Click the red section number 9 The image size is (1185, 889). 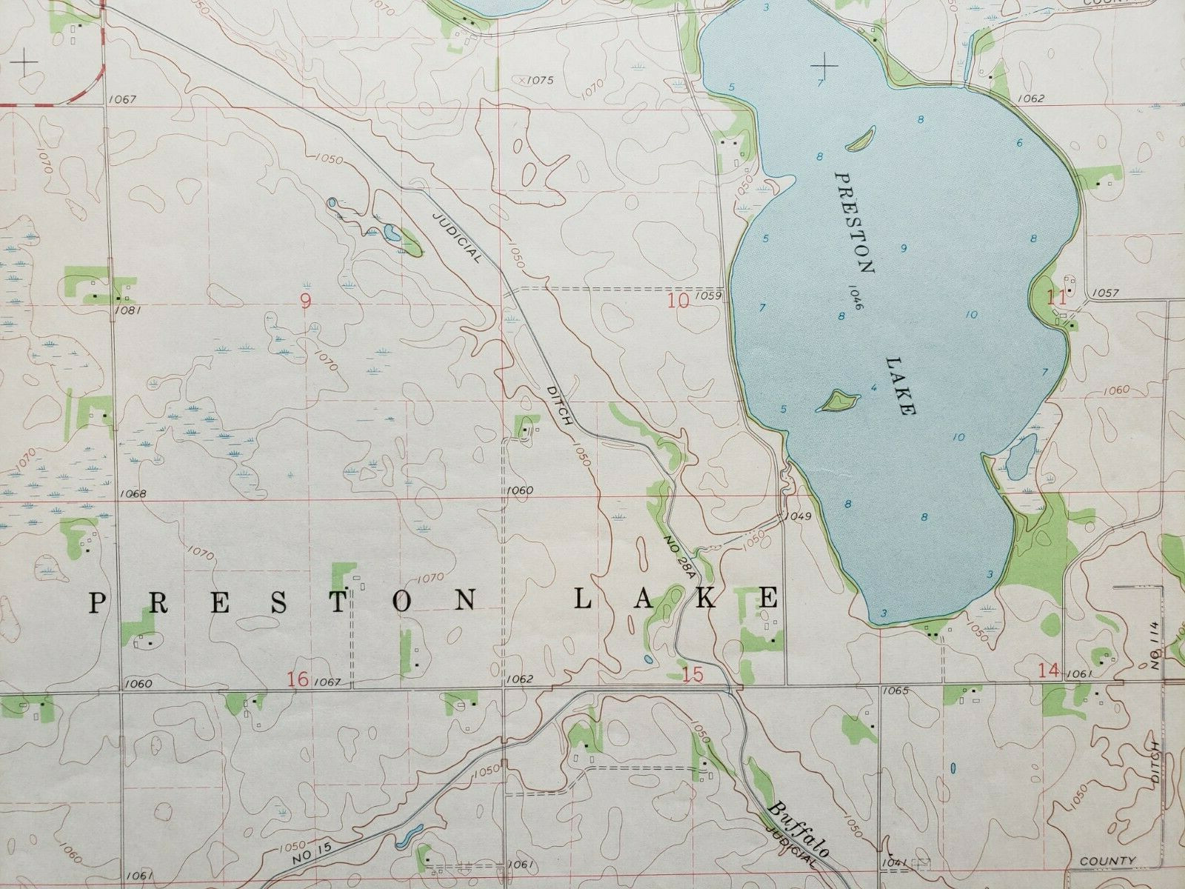tap(305, 300)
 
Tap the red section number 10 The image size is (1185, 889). tap(678, 300)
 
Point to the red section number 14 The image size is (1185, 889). tap(1049, 671)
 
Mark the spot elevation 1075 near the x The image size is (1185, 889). tap(540, 79)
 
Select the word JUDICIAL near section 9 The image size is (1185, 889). tap(457, 236)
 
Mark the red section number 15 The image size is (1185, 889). tap(692, 674)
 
